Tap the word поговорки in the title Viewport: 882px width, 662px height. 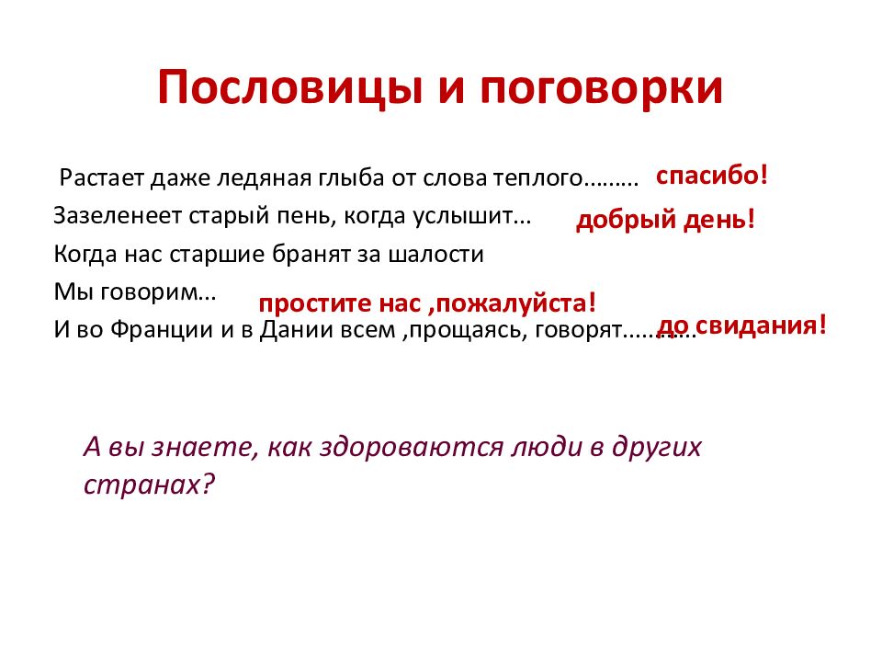[611, 88]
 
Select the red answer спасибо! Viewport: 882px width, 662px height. [711, 176]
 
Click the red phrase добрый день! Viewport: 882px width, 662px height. [666, 221]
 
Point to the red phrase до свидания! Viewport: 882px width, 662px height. [742, 325]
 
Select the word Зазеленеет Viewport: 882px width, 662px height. [118, 216]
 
